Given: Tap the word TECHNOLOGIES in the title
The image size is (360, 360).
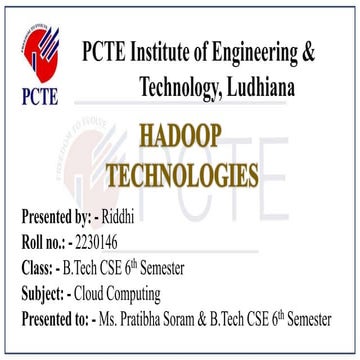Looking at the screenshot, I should point(196,174).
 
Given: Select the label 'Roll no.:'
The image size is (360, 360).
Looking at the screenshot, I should point(46,242).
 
